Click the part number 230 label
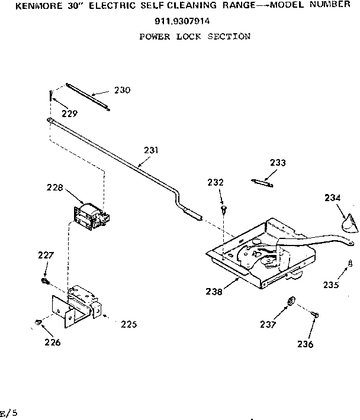click(123, 91)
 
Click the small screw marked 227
click(44, 279)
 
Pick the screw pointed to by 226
click(38, 322)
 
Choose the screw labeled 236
click(314, 319)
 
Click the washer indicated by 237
click(291, 302)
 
